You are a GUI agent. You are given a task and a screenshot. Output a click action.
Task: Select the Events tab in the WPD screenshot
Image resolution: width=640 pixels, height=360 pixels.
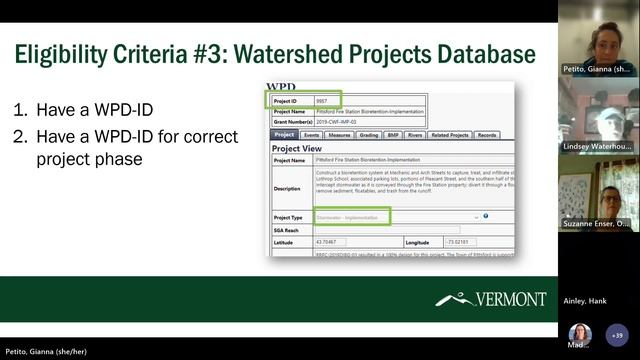coord(311,134)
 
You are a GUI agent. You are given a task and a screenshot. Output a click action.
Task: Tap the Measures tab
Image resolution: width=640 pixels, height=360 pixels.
coord(339,134)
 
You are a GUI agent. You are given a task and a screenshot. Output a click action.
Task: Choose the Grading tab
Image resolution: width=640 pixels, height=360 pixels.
coord(370,134)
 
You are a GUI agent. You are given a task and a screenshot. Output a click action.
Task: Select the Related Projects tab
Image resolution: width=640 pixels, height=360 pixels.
coord(453,134)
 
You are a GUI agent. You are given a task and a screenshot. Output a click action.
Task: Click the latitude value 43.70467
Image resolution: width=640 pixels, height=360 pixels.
coord(326,242)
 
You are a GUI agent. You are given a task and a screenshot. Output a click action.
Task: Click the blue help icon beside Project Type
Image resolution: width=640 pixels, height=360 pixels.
coord(485,216)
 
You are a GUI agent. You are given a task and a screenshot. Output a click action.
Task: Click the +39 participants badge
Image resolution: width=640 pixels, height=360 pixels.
coord(615,336)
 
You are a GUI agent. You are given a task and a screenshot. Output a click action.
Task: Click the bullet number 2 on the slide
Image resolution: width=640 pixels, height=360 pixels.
coord(19,136)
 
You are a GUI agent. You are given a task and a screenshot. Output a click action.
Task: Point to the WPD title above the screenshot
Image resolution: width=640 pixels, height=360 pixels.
coord(282,88)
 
